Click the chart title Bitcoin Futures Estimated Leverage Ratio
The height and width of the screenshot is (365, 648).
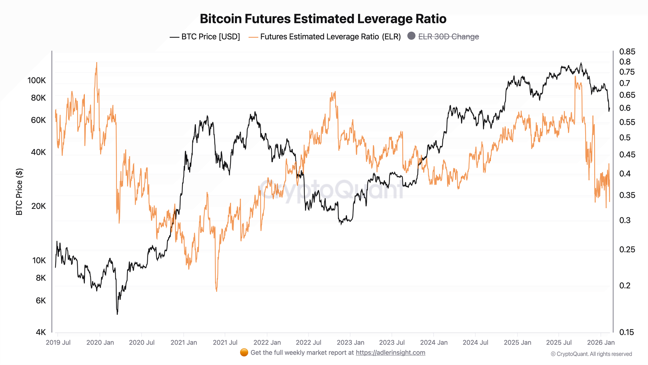[323, 19]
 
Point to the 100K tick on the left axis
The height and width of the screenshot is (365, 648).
[37, 80]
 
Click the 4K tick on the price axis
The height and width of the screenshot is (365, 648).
[40, 332]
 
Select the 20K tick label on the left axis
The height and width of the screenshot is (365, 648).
[39, 206]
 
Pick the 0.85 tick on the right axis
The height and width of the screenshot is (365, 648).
[627, 52]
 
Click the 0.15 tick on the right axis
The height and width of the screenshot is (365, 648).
[627, 332]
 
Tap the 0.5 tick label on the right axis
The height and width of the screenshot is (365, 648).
[625, 138]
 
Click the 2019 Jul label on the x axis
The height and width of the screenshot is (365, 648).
[58, 343]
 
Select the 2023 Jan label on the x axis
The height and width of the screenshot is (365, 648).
[350, 343]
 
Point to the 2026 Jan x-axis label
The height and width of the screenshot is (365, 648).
[601, 343]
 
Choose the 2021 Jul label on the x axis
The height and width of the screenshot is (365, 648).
[225, 343]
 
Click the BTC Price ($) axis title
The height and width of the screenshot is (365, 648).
[19, 192]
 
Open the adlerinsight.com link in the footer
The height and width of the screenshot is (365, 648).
[390, 353]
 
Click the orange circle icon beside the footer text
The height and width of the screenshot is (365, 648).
[244, 353]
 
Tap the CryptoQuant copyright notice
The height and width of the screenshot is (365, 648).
[591, 354]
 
